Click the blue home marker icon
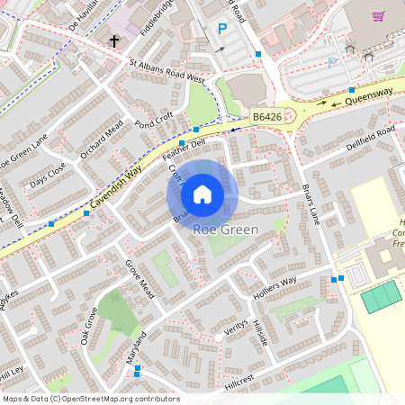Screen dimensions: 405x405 [x=202, y=194]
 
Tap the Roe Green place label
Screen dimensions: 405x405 [x=226, y=229]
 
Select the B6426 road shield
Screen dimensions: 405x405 [x=266, y=117]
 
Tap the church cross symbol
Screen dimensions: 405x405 [x=114, y=40]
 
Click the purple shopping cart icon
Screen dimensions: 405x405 [x=378, y=15]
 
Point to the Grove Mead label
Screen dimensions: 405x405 [x=139, y=277]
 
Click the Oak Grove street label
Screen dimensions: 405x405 [x=88, y=325]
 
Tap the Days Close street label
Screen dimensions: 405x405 [x=47, y=175]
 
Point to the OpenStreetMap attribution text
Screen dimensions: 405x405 [x=90, y=399]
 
